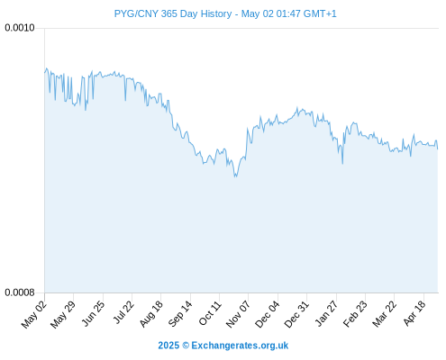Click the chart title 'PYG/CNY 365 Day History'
[x=173, y=13]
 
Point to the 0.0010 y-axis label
[x=20, y=28]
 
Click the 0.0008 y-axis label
[x=20, y=292]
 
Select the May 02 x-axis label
[x=34, y=314]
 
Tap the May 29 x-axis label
[x=63, y=314]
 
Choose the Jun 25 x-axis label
[x=93, y=313]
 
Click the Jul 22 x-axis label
[x=123, y=312]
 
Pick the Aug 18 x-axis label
[x=151, y=314]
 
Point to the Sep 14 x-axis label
[x=180, y=314]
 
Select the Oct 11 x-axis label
[x=210, y=313]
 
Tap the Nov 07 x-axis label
[x=238, y=314]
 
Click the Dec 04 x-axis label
[x=267, y=314]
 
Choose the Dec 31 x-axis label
[x=296, y=314]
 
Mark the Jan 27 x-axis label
[x=326, y=313]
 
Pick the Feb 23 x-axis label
[x=355, y=314]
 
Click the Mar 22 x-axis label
[x=384, y=314]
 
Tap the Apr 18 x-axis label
[x=414, y=313]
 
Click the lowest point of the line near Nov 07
[x=235, y=176]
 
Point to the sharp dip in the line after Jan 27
[x=342, y=164]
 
